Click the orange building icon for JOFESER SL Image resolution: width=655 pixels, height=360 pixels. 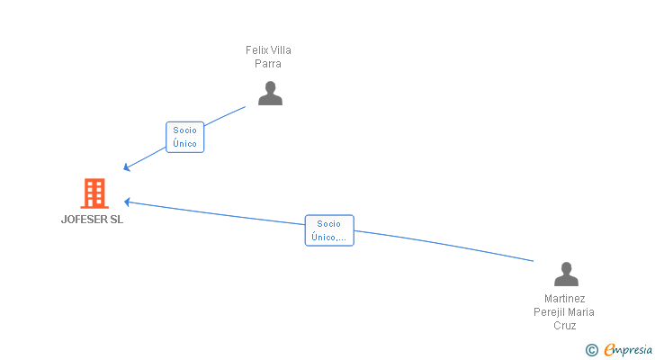(x=94, y=193)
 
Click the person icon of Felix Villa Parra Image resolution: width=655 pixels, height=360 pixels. (x=270, y=93)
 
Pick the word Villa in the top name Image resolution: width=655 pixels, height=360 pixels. (x=281, y=50)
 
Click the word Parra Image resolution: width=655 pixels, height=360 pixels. (x=268, y=64)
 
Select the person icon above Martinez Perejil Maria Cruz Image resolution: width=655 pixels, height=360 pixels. (x=565, y=274)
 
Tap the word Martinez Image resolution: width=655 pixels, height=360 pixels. (x=565, y=299)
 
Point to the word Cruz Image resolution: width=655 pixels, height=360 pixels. (x=565, y=326)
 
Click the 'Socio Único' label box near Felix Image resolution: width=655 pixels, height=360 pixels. (x=185, y=137)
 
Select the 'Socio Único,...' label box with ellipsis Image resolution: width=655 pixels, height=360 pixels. (x=329, y=230)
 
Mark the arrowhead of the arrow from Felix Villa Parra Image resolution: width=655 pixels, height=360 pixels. (x=127, y=167)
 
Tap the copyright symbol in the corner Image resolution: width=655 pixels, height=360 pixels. (x=591, y=349)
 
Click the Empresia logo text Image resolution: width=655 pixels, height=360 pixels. (x=630, y=349)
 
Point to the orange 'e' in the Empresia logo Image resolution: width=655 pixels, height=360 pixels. (x=609, y=349)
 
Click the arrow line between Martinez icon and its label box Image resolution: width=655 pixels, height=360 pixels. (x=450, y=245)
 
